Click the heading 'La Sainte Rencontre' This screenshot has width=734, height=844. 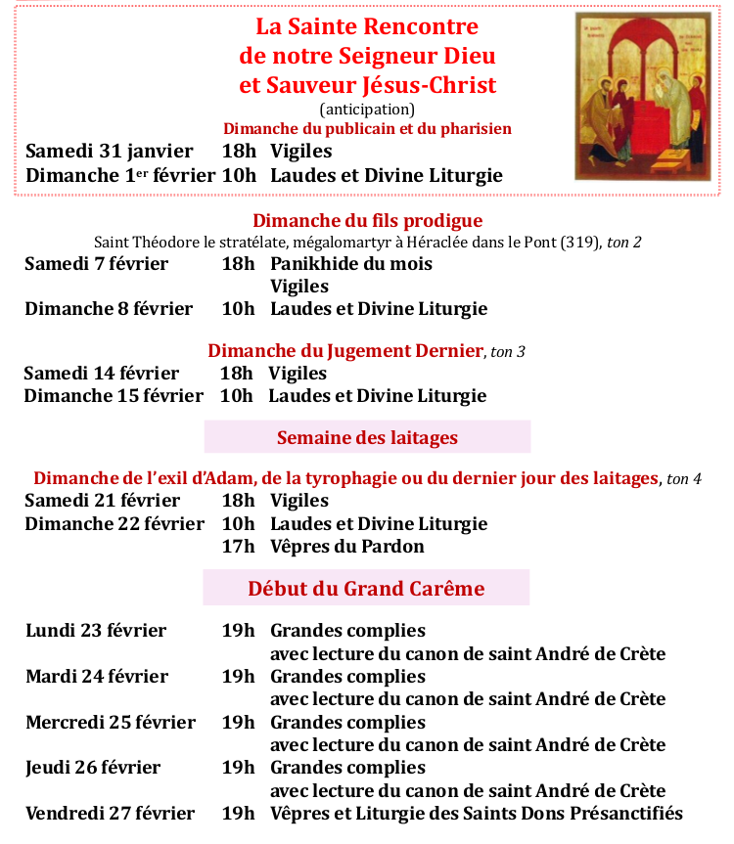pyautogui.click(x=367, y=26)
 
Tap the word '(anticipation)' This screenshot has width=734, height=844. pyautogui.click(x=367, y=110)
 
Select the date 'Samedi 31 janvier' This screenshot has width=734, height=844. pyautogui.click(x=109, y=152)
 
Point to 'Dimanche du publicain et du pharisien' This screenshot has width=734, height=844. pyautogui.click(x=367, y=129)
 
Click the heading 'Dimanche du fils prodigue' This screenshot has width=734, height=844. pyautogui.click(x=367, y=221)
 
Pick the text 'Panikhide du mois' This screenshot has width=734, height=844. pyautogui.click(x=351, y=264)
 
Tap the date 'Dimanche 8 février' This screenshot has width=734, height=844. pyautogui.click(x=109, y=309)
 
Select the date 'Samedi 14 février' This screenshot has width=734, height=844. pyautogui.click(x=102, y=374)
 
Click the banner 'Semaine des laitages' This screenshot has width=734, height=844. pyautogui.click(x=367, y=437)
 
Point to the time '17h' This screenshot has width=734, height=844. pyautogui.click(x=238, y=547)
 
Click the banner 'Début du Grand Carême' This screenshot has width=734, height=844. pyautogui.click(x=366, y=589)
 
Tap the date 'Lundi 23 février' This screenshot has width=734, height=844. pyautogui.click(x=96, y=631)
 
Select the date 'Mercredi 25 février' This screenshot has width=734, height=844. pyautogui.click(x=111, y=723)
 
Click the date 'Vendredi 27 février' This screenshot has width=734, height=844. pyautogui.click(x=111, y=814)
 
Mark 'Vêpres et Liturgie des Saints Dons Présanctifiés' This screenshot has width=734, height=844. pyautogui.click(x=477, y=814)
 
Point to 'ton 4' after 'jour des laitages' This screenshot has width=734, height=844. pyautogui.click(x=684, y=479)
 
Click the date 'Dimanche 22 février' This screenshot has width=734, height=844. pyautogui.click(x=115, y=524)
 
